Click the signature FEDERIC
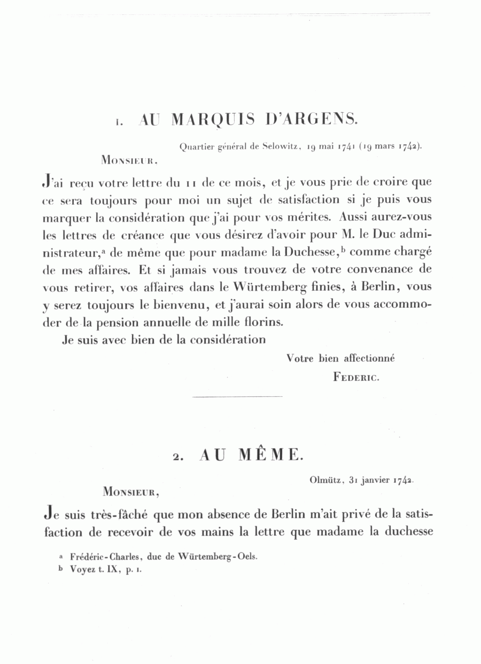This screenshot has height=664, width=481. coord(356,377)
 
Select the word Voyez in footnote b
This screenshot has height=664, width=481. coord(82,569)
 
